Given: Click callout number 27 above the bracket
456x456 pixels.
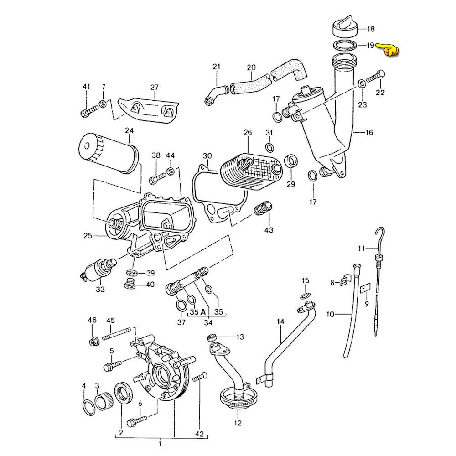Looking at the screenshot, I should pyautogui.click(x=154, y=88).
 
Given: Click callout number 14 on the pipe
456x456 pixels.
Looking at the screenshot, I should pyautogui.click(x=280, y=322).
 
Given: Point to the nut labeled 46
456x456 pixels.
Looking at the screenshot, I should pyautogui.click(x=93, y=340).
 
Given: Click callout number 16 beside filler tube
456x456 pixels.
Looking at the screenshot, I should pyautogui.click(x=369, y=133).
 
